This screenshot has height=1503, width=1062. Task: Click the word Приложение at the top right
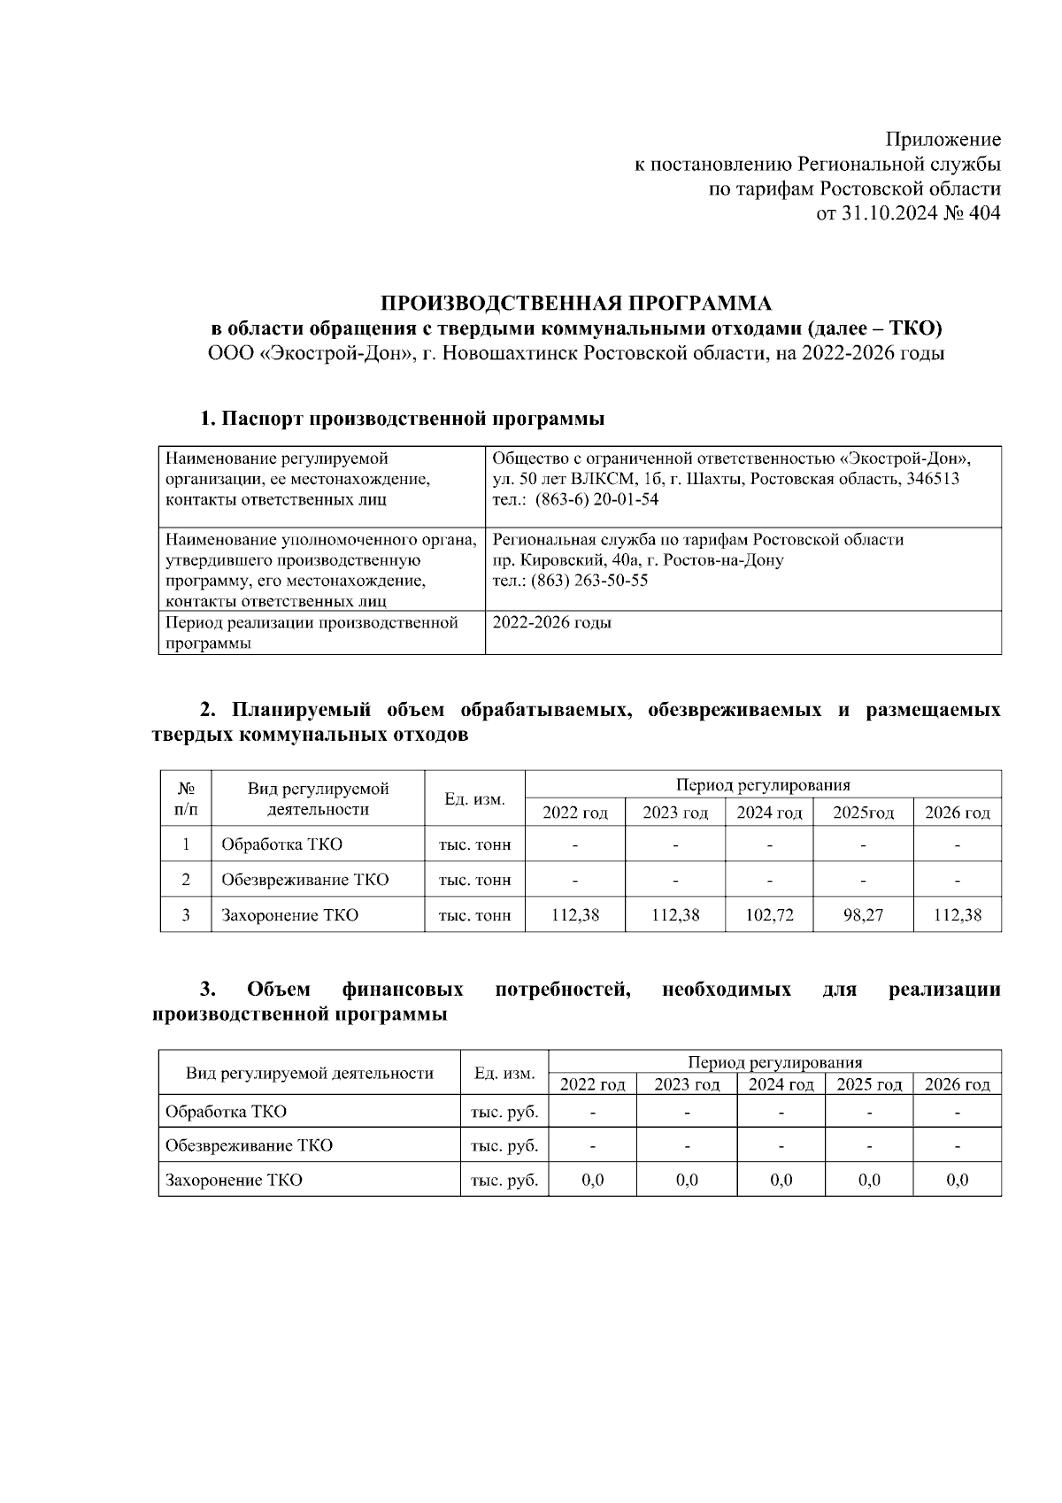click(943, 140)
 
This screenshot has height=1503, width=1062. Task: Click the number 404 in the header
click(983, 213)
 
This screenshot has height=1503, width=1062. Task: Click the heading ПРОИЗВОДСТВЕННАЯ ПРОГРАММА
click(576, 304)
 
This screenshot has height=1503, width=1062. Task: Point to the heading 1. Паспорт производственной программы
click(403, 419)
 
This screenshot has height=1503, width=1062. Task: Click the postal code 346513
click(928, 479)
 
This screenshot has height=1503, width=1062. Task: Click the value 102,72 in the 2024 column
click(769, 915)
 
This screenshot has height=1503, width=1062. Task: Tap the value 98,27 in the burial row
click(863, 915)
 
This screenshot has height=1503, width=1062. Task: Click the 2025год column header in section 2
click(863, 813)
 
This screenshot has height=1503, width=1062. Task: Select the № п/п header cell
click(186, 798)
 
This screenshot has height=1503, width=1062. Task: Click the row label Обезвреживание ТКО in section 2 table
click(304, 880)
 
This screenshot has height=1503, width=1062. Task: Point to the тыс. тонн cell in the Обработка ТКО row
click(475, 844)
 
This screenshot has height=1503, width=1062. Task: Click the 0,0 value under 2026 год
click(957, 1180)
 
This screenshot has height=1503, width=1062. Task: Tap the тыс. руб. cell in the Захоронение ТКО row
click(504, 1180)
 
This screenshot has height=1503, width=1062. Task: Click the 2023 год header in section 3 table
click(687, 1084)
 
